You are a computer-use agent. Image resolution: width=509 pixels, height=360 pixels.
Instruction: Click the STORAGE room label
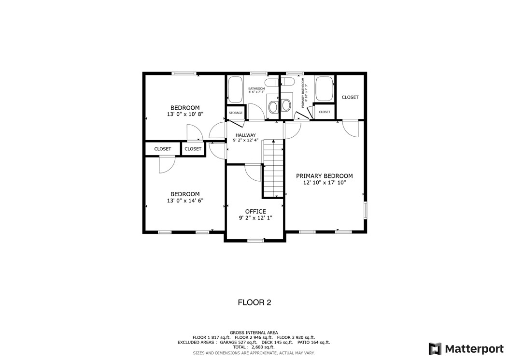[236, 113]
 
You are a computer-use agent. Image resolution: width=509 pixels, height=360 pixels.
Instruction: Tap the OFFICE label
[255, 211]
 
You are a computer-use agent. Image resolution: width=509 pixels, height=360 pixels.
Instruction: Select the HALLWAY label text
[245, 135]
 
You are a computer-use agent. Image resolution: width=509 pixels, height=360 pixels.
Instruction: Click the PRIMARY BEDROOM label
[324, 176]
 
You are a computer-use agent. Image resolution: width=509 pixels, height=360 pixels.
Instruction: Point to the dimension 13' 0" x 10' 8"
[184, 115]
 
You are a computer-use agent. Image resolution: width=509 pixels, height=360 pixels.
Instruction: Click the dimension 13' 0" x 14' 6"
[184, 201]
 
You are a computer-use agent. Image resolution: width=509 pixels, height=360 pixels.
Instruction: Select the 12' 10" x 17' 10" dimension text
[324, 183]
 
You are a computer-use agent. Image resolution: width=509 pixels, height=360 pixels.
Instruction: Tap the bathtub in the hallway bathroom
[236, 89]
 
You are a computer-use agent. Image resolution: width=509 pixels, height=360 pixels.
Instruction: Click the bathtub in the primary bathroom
[324, 88]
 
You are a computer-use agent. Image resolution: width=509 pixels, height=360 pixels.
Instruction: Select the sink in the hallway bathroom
[273, 106]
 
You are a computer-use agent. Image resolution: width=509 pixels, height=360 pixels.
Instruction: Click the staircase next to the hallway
[273, 169]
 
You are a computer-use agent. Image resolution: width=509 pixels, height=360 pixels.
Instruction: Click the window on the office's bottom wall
[255, 240]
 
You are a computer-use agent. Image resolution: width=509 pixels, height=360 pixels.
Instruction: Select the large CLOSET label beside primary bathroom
[350, 97]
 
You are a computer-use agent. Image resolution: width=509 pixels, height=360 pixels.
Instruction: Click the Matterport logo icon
[435, 349]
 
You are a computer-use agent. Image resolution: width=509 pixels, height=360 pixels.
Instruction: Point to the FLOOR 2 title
[254, 302]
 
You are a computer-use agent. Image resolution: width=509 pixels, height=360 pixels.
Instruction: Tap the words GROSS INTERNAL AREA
[254, 332]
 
